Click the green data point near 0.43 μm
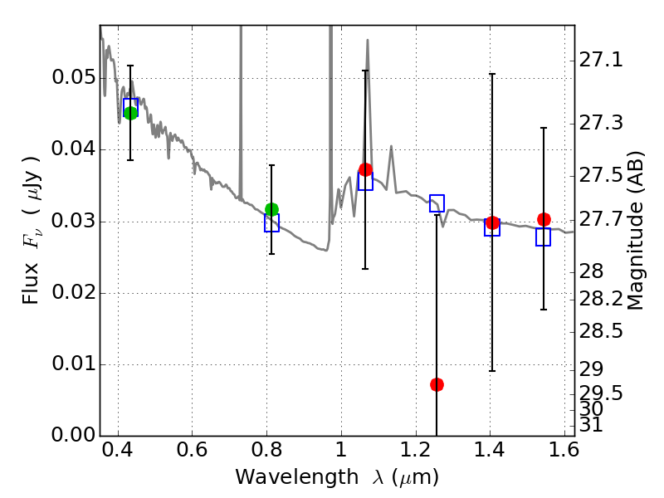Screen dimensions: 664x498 (x=130, y=113)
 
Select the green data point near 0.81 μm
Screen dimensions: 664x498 (x=272, y=209)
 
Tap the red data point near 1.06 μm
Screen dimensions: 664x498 (x=365, y=169)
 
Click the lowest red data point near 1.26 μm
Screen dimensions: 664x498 (x=437, y=384)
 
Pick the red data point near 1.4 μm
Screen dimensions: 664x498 (x=492, y=222)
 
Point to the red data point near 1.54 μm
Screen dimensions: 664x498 (x=544, y=219)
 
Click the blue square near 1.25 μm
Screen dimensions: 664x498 (x=437, y=203)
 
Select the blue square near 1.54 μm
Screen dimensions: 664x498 (x=543, y=237)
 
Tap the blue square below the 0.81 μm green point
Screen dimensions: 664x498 (x=272, y=222)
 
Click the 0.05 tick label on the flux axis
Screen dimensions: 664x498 (x=73, y=77)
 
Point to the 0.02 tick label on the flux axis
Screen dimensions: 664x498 (x=73, y=292)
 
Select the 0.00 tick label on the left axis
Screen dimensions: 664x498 (x=73, y=435)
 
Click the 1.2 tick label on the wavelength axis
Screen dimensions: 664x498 (x=416, y=450)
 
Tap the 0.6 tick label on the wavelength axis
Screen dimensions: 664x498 (x=192, y=450)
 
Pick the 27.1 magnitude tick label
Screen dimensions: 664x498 (x=601, y=60)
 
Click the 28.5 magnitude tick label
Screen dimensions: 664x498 (x=601, y=330)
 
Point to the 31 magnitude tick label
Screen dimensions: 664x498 (x=591, y=425)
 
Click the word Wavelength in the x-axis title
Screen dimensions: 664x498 (x=297, y=477)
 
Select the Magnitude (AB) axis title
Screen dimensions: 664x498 (x=634, y=231)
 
